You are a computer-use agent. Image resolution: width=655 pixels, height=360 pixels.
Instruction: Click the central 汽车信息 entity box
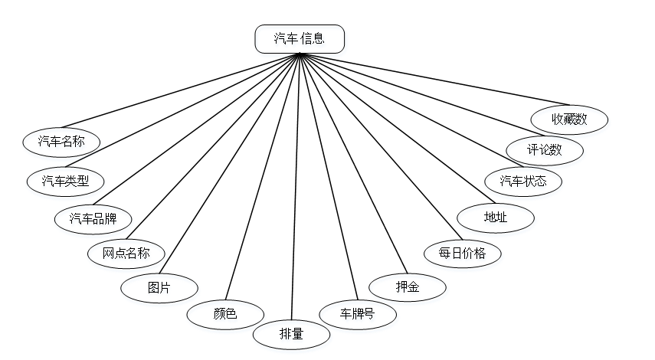point(300,38)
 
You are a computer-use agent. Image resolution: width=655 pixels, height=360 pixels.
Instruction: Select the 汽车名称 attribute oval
point(61,141)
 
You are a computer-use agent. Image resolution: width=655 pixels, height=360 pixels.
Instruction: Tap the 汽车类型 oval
point(65,181)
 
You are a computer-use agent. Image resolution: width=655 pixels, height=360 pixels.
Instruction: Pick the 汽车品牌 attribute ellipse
point(93,218)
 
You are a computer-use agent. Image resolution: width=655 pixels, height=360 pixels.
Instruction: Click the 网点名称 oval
point(126,253)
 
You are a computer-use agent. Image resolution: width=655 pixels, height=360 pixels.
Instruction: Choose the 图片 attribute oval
point(159,288)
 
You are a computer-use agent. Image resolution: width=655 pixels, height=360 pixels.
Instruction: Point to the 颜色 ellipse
point(225,313)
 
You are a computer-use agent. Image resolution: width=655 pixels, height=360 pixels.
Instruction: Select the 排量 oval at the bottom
point(292,334)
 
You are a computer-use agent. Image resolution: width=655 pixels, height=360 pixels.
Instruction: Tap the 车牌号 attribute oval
point(358,313)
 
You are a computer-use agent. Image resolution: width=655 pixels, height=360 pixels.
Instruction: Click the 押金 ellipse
point(408,286)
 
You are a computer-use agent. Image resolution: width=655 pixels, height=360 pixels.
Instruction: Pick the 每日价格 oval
point(463,253)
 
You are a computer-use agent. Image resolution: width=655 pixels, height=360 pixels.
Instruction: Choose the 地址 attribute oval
point(496,217)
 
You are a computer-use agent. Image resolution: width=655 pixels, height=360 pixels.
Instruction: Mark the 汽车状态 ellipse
point(524,182)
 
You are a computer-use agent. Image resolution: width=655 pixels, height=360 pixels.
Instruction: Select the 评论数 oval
point(545,149)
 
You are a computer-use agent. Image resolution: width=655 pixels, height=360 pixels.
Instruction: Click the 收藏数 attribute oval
point(570,119)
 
